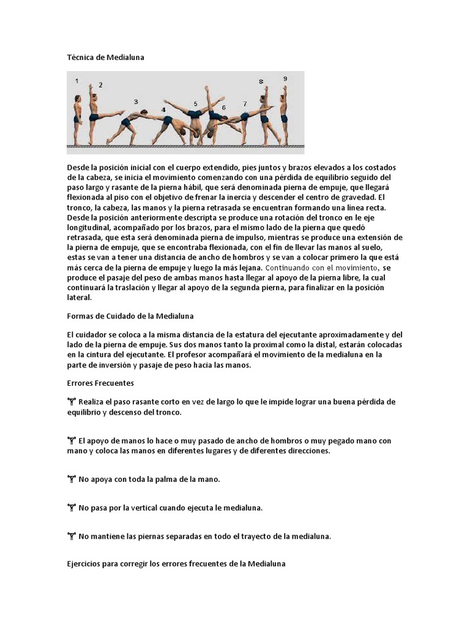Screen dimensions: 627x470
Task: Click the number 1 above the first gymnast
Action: [x=76, y=80]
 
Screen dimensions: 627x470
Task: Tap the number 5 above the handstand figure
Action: [x=196, y=104]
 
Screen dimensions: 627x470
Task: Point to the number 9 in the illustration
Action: [x=285, y=78]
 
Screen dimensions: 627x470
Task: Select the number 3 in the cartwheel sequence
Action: [x=136, y=102]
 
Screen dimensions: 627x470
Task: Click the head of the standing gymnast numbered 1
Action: [x=77, y=99]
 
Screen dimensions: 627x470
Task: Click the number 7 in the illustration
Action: [x=245, y=104]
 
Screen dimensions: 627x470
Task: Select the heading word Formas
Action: [x=81, y=316]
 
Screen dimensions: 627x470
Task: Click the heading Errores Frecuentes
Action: [x=100, y=383]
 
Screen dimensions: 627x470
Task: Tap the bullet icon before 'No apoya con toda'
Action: [x=71, y=479]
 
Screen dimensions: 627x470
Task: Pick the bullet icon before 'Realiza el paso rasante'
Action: [x=71, y=402]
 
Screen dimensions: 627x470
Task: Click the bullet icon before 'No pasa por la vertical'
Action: [x=71, y=508]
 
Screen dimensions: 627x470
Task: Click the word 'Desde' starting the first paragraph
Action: [x=78, y=167]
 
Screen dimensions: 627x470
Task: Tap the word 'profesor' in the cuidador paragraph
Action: [x=196, y=355]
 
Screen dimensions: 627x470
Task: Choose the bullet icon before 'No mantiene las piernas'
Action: [x=71, y=536]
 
